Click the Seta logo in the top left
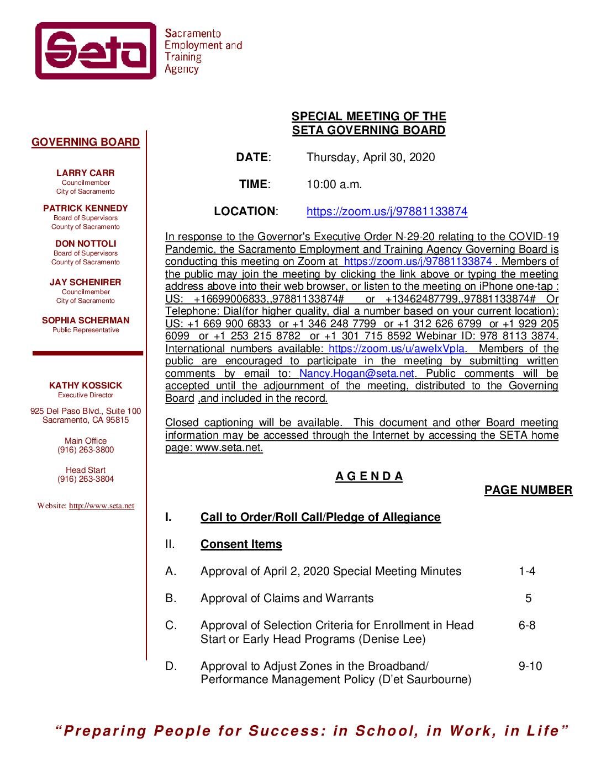point(96,51)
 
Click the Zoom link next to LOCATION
point(387,211)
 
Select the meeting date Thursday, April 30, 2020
point(371,157)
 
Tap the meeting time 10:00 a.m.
point(334,184)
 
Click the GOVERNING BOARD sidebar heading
point(86,142)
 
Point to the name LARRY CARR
point(86,173)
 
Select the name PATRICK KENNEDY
point(86,209)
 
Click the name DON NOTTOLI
point(86,244)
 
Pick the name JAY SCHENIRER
point(86,283)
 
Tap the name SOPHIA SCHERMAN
point(86,321)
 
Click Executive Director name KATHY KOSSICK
point(86,386)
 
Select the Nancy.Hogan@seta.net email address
point(356,374)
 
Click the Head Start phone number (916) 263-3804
point(86,479)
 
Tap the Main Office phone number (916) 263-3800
point(86,450)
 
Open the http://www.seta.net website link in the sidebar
point(102,506)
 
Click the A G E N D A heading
point(369,476)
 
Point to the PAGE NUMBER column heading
point(528,490)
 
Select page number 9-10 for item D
point(530,666)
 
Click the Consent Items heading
point(241,544)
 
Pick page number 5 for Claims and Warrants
point(529,598)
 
